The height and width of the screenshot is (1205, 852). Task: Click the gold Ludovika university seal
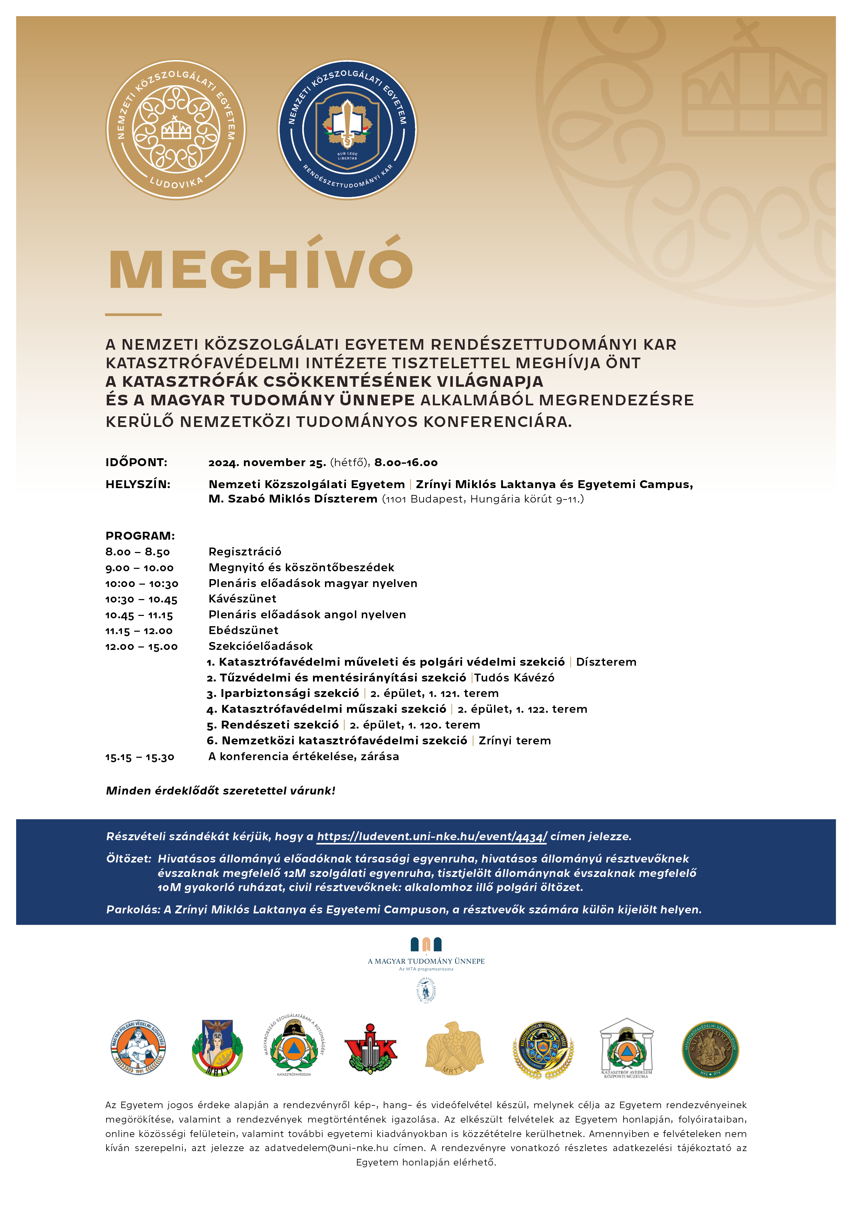(x=176, y=129)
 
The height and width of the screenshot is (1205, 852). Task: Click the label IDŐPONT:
(x=136, y=462)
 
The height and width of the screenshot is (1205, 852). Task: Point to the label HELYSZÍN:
(x=138, y=484)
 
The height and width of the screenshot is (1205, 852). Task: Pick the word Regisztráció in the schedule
(x=245, y=552)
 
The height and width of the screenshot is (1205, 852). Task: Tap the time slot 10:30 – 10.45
(x=141, y=599)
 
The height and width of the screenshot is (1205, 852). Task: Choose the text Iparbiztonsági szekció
(x=289, y=693)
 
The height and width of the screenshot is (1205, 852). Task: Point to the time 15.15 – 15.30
(x=139, y=757)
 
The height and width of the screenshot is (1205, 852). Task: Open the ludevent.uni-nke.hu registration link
(x=431, y=836)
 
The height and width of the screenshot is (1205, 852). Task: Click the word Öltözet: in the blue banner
(x=128, y=859)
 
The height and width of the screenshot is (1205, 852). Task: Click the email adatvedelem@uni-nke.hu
(x=326, y=1148)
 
